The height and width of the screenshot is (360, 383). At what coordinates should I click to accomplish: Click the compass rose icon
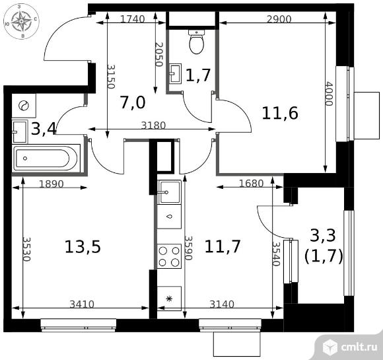(x=22, y=22)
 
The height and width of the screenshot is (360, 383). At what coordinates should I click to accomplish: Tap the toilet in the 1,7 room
(x=196, y=42)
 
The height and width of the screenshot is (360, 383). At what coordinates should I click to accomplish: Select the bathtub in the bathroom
(x=46, y=158)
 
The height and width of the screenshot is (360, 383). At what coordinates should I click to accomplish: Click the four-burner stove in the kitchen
(x=169, y=256)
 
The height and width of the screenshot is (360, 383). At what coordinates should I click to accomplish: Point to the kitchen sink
(x=169, y=192)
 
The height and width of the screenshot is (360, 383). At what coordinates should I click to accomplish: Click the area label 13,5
(x=83, y=246)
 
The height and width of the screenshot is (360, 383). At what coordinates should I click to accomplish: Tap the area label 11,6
(x=280, y=113)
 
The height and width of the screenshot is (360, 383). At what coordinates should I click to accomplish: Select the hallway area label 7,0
(x=133, y=102)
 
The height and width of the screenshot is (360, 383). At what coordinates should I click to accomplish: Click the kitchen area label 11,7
(x=223, y=246)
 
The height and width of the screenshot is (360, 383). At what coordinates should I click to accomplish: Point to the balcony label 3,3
(x=323, y=235)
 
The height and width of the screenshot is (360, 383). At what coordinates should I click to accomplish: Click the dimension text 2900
(x=279, y=18)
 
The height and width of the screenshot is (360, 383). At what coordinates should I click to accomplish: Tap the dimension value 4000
(x=329, y=94)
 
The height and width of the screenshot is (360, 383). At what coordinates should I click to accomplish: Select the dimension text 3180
(x=154, y=126)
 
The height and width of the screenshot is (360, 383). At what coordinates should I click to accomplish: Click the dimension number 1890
(x=52, y=184)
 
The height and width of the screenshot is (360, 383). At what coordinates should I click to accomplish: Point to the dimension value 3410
(x=82, y=305)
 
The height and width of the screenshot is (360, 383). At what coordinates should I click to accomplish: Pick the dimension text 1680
(x=252, y=183)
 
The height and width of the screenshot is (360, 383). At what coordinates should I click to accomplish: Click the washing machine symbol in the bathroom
(x=24, y=106)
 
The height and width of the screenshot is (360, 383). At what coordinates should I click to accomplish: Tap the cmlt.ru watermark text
(x=359, y=347)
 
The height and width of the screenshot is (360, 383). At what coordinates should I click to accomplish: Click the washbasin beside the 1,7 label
(x=176, y=73)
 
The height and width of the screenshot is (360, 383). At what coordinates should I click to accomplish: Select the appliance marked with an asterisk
(x=169, y=298)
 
